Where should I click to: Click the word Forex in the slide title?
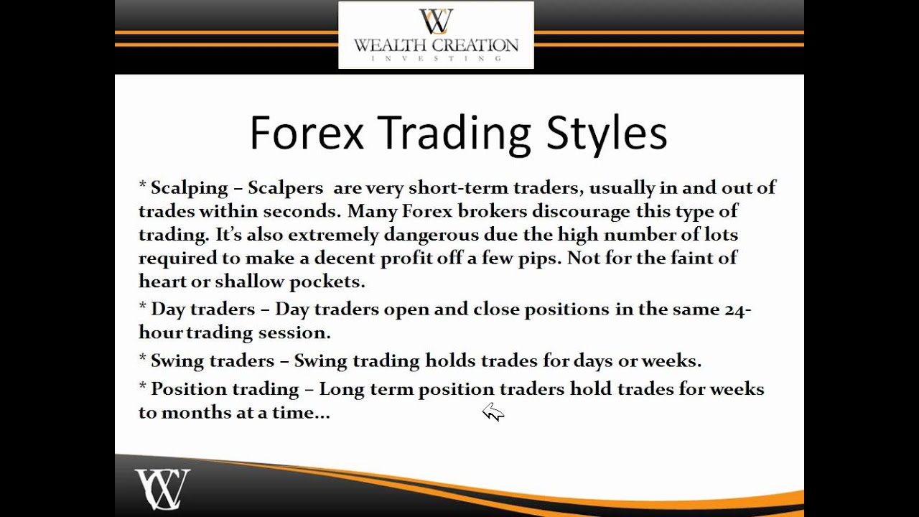(307, 134)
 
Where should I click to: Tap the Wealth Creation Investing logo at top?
(436, 34)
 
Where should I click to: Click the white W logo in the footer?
(162, 488)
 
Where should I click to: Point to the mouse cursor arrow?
(492, 411)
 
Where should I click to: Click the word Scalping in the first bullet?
(189, 188)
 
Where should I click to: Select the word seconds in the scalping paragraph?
(302, 211)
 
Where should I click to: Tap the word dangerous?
(431, 235)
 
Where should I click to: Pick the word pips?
(538, 258)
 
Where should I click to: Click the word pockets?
(327, 281)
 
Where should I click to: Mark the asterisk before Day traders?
(142, 307)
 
